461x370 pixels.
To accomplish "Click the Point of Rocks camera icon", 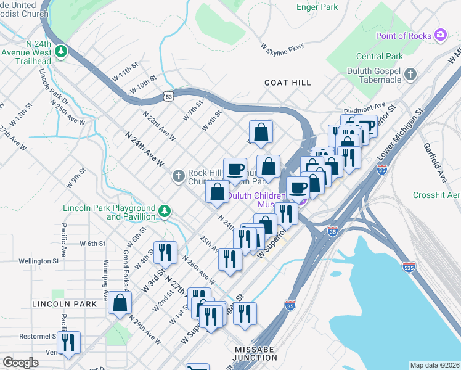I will (440, 35).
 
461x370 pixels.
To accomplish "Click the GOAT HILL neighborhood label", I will (287, 82).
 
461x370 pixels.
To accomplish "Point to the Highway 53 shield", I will (168, 96).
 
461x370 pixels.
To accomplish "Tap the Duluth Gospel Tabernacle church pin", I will (410, 75).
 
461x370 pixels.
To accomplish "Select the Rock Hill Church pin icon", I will (178, 177).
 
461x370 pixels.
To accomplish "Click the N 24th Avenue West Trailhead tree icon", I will (60, 51).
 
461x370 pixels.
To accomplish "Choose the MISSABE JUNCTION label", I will (255, 353).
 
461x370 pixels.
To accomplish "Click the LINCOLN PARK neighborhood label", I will (65, 304).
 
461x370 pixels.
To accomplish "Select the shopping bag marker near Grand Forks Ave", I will (120, 303).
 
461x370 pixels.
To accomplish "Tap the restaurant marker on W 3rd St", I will (165, 252).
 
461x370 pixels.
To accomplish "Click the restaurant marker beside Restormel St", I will (69, 342).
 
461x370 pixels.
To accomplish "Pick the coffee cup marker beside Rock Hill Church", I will (234, 168).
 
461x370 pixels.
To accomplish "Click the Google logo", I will (20, 363).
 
